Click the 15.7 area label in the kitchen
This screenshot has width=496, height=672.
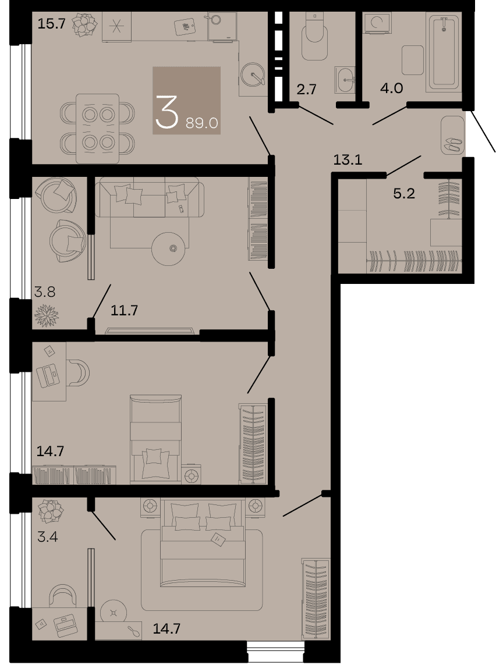coord(51,24)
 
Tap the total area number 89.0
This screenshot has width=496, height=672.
coord(202,123)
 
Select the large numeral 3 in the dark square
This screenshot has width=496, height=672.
coord(166,112)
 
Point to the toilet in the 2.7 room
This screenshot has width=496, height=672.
coord(314,36)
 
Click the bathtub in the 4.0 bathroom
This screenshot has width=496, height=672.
coord(444,51)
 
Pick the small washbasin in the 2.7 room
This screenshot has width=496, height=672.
coord(345,80)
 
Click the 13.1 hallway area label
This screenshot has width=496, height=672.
coord(348,160)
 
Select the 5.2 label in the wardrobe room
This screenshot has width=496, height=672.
coord(404,194)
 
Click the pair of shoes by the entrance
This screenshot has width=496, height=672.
coord(452,144)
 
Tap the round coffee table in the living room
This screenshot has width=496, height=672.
coord(169,248)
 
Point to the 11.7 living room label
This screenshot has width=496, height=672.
coord(125,310)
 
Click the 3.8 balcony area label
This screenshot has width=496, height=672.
coord(45,292)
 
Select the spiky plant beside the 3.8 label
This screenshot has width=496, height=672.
coord(47,315)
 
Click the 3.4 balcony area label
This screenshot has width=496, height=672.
coord(48,536)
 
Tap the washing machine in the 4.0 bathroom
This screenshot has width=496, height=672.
coord(377,23)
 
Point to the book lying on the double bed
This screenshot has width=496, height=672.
coord(218,539)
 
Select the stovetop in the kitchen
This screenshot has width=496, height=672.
coord(116,27)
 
